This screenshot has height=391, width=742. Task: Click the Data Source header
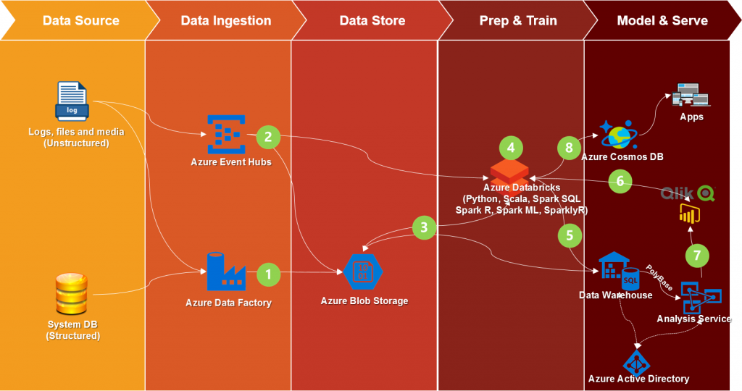point(80,20)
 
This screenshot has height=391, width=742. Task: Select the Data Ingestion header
point(225,20)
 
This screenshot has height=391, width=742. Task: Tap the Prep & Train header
point(518,20)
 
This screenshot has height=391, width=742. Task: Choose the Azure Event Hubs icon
point(227,133)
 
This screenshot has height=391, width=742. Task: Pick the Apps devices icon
point(691,96)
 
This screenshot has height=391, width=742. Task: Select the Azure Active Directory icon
point(638,357)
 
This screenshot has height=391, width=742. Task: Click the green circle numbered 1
point(269,274)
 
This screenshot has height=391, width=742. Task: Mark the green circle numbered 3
point(425,227)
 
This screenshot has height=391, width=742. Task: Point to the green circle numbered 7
point(697,256)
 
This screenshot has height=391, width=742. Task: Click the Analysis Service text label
point(693,319)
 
